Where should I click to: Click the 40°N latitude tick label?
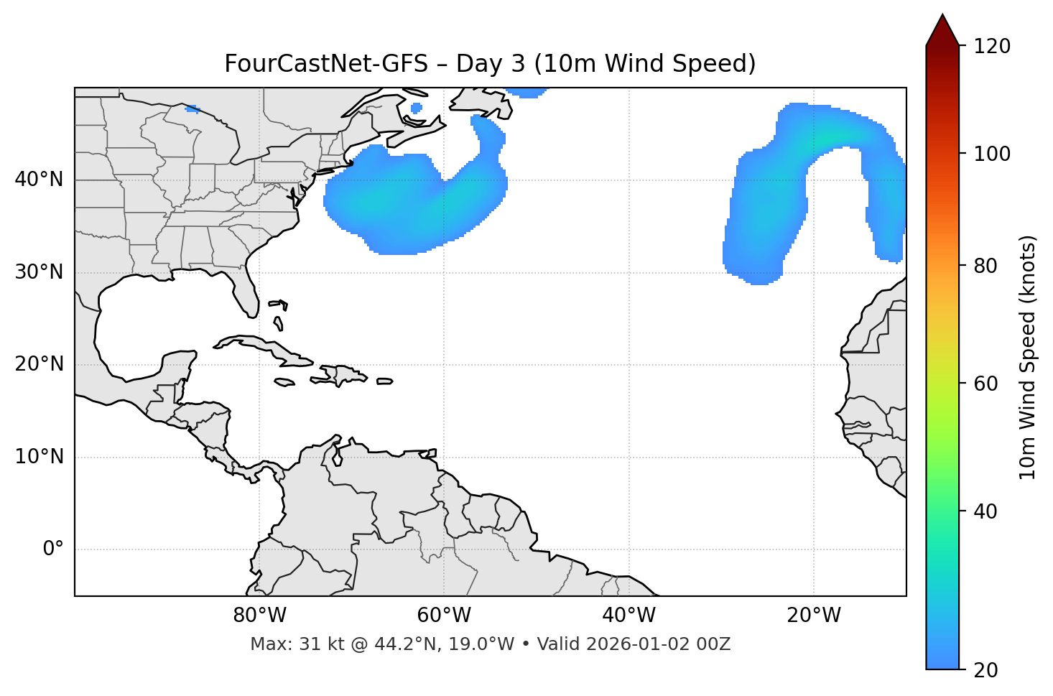pyautogui.click(x=39, y=180)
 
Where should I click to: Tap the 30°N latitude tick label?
pyautogui.click(x=39, y=272)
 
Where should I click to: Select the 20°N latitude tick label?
pyautogui.click(x=39, y=364)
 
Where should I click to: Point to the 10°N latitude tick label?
pyautogui.click(x=39, y=457)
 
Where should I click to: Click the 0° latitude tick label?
pyautogui.click(x=52, y=549)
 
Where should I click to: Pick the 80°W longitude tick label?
pyautogui.click(x=259, y=616)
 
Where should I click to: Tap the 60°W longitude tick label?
pyautogui.click(x=444, y=616)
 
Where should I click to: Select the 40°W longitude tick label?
pyautogui.click(x=628, y=616)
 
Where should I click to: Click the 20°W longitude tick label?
pyautogui.click(x=814, y=616)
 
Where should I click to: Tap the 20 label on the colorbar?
pyautogui.click(x=985, y=670)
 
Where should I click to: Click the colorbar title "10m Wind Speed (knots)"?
pyautogui.click(x=1027, y=357)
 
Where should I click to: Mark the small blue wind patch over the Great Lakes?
pyautogui.click(x=192, y=109)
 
